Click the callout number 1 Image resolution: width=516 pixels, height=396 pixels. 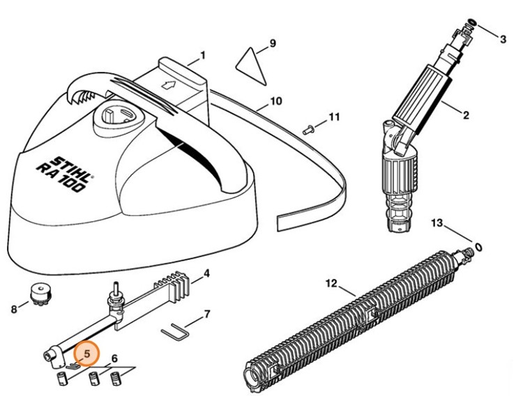(x=202, y=54)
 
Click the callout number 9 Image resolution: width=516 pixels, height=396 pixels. (x=273, y=43)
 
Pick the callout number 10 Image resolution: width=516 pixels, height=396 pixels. (x=276, y=101)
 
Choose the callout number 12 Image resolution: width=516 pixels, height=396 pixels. (x=331, y=283)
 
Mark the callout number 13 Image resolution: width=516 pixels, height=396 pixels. (x=437, y=223)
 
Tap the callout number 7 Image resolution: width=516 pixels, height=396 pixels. (x=206, y=314)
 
